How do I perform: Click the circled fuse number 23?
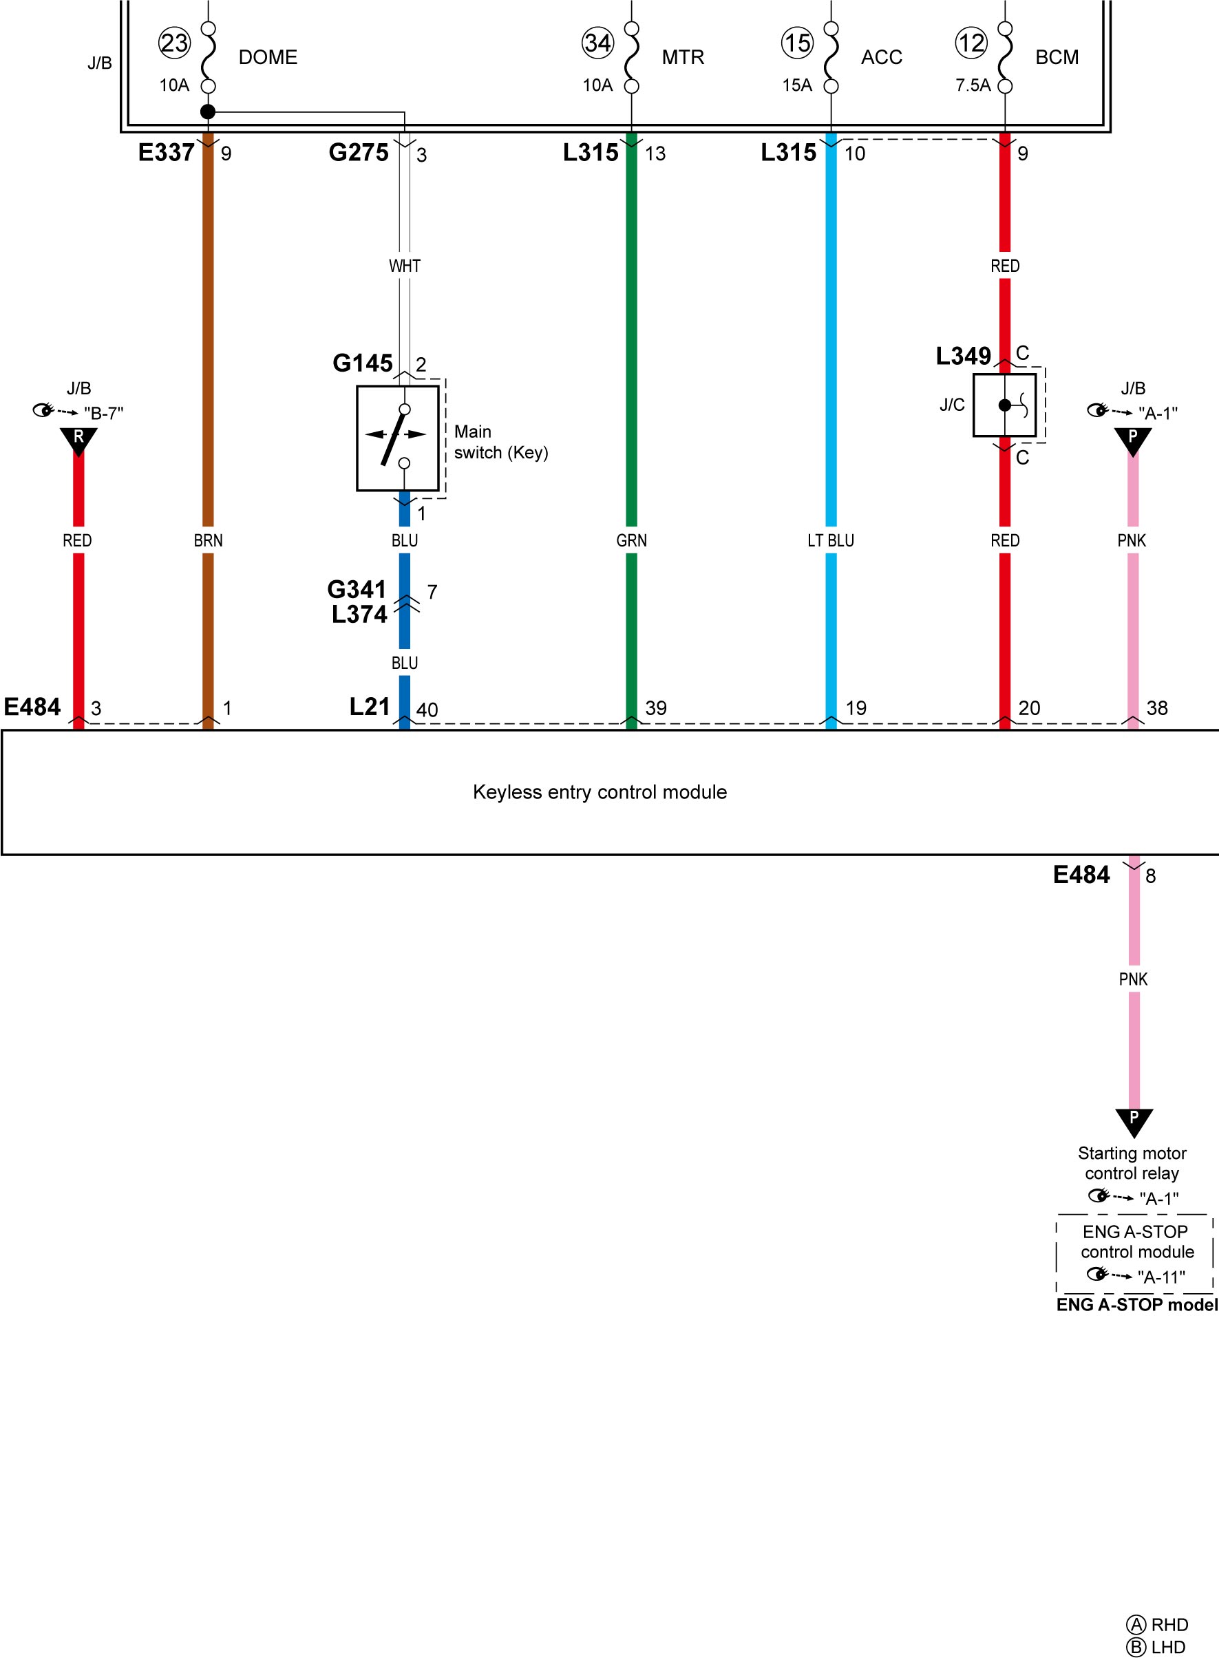point(175,43)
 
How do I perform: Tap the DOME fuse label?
point(268,58)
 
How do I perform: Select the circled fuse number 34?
point(597,43)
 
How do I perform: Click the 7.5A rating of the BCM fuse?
point(973,85)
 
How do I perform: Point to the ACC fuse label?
point(882,58)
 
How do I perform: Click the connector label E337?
point(166,153)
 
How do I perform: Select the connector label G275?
point(359,153)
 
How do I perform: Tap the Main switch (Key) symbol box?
point(398,438)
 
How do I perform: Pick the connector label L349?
point(964,357)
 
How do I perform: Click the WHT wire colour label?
point(404,266)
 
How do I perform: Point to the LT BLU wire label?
point(831,541)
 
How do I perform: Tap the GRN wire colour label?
point(632,541)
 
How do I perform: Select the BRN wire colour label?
point(208,541)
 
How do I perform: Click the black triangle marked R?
point(78,440)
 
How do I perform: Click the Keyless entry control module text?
point(600,792)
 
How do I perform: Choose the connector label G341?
point(357,590)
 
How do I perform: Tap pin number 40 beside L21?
point(427,710)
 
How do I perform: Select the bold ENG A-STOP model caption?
point(1137,1305)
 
